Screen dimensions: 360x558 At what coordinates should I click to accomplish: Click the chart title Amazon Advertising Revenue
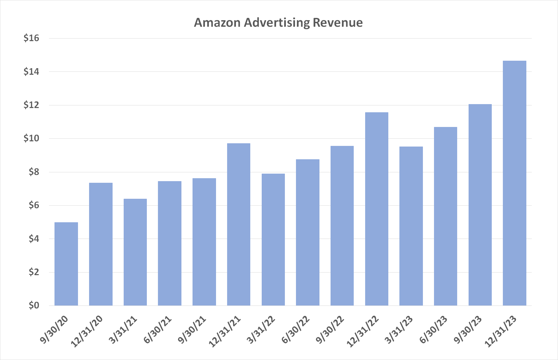[x=278, y=23]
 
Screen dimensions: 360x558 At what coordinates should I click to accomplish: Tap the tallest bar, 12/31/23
[x=514, y=183]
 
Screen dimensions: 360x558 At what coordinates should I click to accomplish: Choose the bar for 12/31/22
[x=377, y=209]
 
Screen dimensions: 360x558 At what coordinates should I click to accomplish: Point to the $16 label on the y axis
[x=31, y=38]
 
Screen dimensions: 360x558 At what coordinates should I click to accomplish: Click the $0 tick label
[x=34, y=305]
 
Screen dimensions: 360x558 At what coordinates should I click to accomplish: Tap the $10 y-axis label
[x=31, y=138]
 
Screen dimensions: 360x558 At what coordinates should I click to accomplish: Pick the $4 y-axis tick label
[x=34, y=239]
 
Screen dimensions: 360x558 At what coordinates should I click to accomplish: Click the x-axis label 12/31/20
[x=87, y=331]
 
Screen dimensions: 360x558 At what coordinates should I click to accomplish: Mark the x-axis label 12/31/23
[x=501, y=331]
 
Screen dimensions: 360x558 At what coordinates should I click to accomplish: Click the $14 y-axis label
[x=31, y=71]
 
